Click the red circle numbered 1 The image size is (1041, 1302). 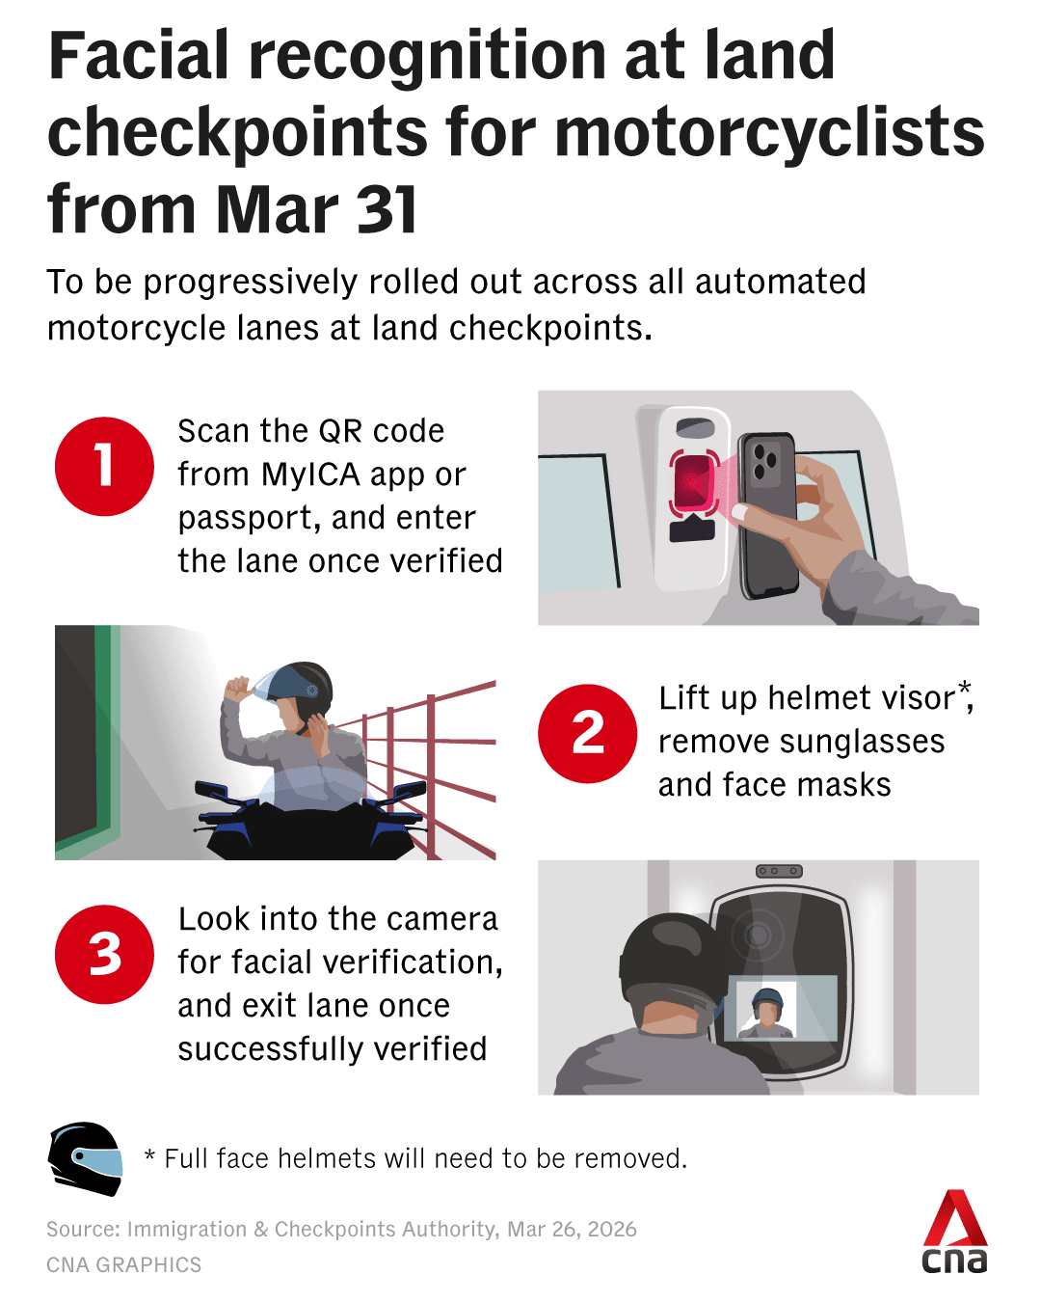pyautogui.click(x=104, y=466)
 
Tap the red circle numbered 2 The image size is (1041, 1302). pyautogui.click(x=587, y=733)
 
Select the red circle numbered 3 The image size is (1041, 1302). pyautogui.click(x=104, y=954)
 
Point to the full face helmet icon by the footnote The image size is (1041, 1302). pyautogui.click(x=85, y=1158)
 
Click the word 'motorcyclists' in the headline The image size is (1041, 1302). pyautogui.click(x=769, y=132)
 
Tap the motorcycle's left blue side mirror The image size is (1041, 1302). pyautogui.click(x=211, y=789)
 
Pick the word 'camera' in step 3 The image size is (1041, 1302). pyautogui.click(x=443, y=919)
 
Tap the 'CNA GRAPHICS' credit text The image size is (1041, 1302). pyautogui.click(x=124, y=1264)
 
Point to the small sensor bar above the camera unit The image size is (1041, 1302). pyautogui.click(x=779, y=871)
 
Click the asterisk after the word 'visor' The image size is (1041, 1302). pyautogui.click(x=964, y=688)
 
